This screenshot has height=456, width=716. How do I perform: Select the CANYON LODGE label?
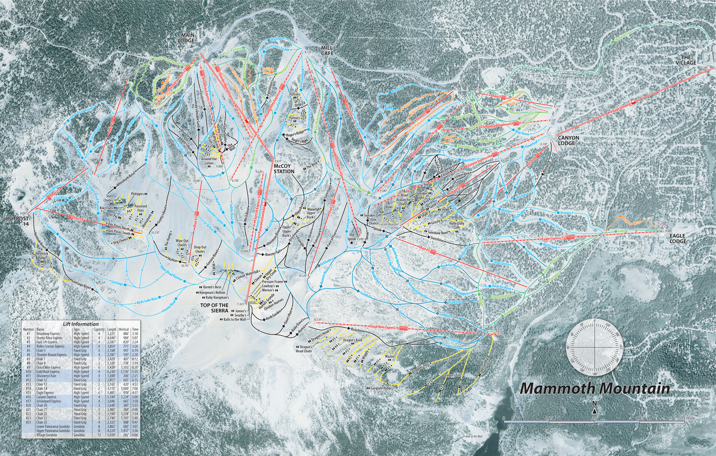[572, 140]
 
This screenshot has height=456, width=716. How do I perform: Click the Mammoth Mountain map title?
[595, 389]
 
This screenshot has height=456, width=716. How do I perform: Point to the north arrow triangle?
[594, 412]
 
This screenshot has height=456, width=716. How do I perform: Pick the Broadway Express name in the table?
[49, 333]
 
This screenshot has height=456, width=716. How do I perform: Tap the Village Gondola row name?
[48, 435]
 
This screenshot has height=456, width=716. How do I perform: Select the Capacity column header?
[99, 329]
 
